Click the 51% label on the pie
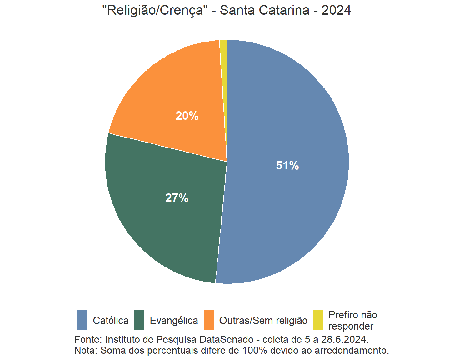pos(287,165)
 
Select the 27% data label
pos(177,198)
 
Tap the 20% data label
pos(187,116)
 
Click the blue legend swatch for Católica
pos(82,320)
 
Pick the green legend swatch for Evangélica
pos(139,320)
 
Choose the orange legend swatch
pos(209,320)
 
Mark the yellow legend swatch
pos(318,320)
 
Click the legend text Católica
pos(111,321)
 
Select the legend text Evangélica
pos(174,321)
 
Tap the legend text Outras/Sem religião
pos(263,321)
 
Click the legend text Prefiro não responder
pos(352,321)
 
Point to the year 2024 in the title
pos(336,10)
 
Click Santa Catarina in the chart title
pos(264,10)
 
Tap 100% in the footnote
pos(255,350)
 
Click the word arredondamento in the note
pos(352,350)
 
